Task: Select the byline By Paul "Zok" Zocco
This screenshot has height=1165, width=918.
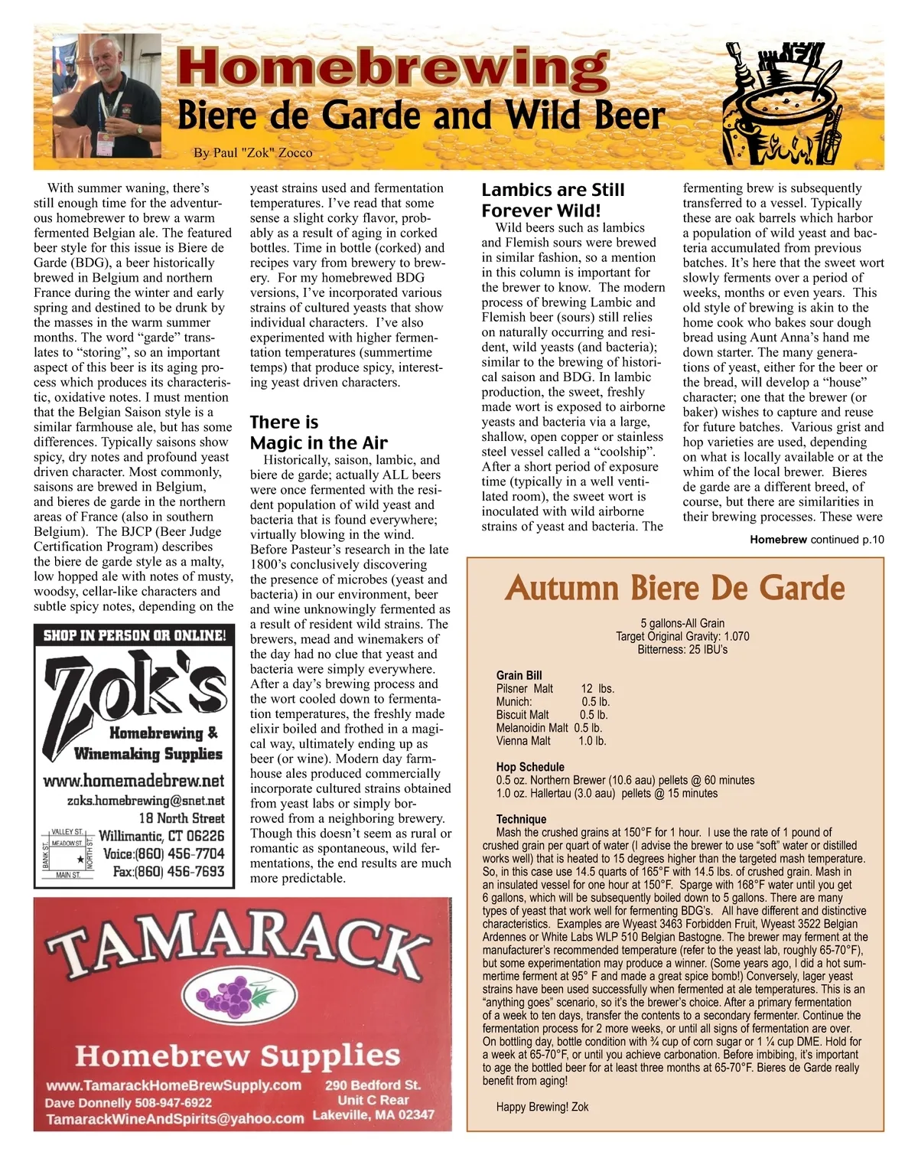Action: click(252, 152)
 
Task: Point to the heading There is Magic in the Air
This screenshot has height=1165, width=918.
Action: click(318, 432)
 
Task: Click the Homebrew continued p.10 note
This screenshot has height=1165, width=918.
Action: click(816, 540)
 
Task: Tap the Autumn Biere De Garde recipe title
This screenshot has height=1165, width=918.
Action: click(675, 588)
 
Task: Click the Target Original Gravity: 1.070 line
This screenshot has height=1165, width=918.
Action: click(682, 637)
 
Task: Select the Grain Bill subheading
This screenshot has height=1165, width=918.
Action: click(519, 675)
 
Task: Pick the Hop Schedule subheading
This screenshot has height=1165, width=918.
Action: click(530, 767)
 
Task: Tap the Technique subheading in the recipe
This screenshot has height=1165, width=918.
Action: click(521, 819)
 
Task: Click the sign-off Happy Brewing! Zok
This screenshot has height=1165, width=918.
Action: click(542, 1107)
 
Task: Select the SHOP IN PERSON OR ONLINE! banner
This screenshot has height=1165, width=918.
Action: click(135, 635)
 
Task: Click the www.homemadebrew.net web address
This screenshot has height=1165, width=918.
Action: click(134, 782)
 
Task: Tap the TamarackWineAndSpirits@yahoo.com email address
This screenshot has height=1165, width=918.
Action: click(174, 1118)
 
